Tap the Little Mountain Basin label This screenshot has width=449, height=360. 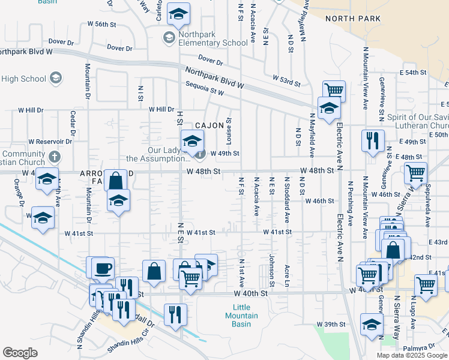pyautogui.click(x=241, y=316)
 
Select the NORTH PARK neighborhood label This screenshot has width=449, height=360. pyautogui.click(x=353, y=19)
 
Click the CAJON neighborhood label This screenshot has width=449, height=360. pyautogui.click(x=209, y=125)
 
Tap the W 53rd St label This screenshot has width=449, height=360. pyautogui.click(x=286, y=79)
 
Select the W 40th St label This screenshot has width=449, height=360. pyautogui.click(x=250, y=294)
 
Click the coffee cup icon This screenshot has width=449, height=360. pyautogui.click(x=102, y=267)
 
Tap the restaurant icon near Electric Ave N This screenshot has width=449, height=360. pyautogui.click(x=373, y=140)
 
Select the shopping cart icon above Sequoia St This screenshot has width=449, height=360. pyautogui.click(x=334, y=91)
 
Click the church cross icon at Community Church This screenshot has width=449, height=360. pyautogui.click(x=55, y=157)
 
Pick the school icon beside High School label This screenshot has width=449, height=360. pyautogui.click(x=56, y=78)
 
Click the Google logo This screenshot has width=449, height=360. pyautogui.click(x=20, y=353)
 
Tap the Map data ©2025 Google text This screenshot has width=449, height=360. pyautogui.click(x=412, y=355)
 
